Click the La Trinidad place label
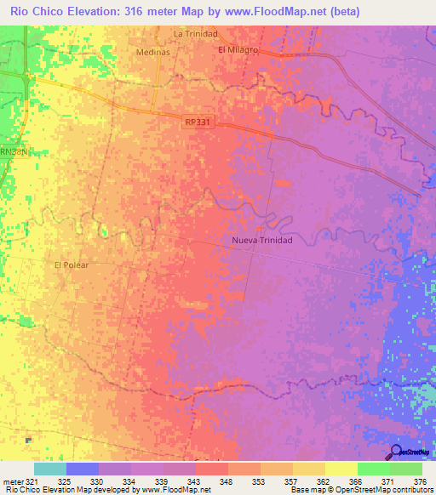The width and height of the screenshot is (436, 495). tap(196, 34)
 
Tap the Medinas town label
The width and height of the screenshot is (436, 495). tap(153, 51)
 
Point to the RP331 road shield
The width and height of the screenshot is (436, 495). tap(197, 122)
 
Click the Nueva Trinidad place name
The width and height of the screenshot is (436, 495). tap(262, 241)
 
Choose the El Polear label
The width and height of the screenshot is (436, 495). tap(72, 265)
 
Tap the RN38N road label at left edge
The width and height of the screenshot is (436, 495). tap(13, 151)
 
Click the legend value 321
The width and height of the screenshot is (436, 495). tap(31, 481)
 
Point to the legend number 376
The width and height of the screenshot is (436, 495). tap(419, 481)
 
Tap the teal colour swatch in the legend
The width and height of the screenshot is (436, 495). tap(49, 469)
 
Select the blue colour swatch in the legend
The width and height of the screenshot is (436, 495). tap(82, 469)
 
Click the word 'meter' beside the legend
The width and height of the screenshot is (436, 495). tap(10, 481)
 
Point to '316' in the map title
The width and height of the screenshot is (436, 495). tap(136, 11)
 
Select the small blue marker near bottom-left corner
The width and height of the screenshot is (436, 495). tap(28, 441)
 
